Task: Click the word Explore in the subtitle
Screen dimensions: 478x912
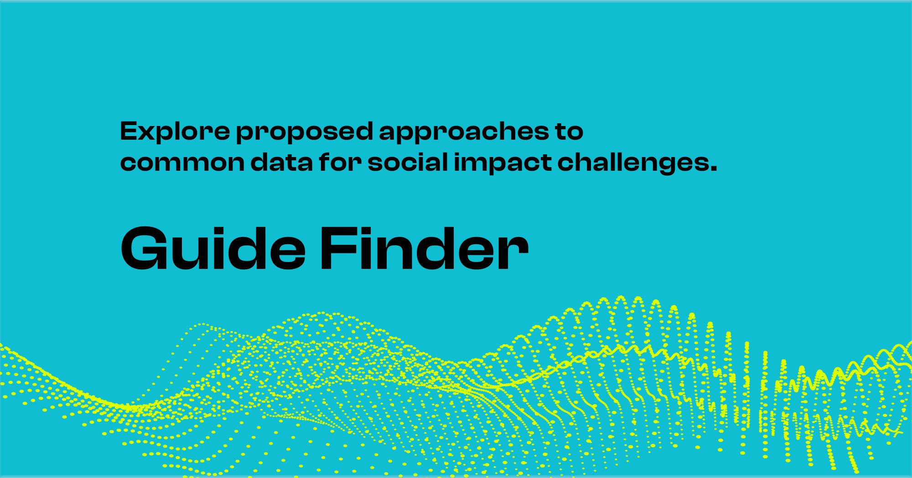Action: pyautogui.click(x=175, y=131)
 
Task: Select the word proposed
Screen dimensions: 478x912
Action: pyautogui.click(x=305, y=132)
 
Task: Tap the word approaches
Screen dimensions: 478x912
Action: pyautogui.click(x=464, y=132)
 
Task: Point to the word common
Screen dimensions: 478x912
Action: pyautogui.click(x=182, y=163)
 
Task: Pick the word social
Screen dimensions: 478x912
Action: pyautogui.click(x=408, y=163)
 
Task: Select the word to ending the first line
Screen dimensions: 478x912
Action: pyautogui.click(x=569, y=132)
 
